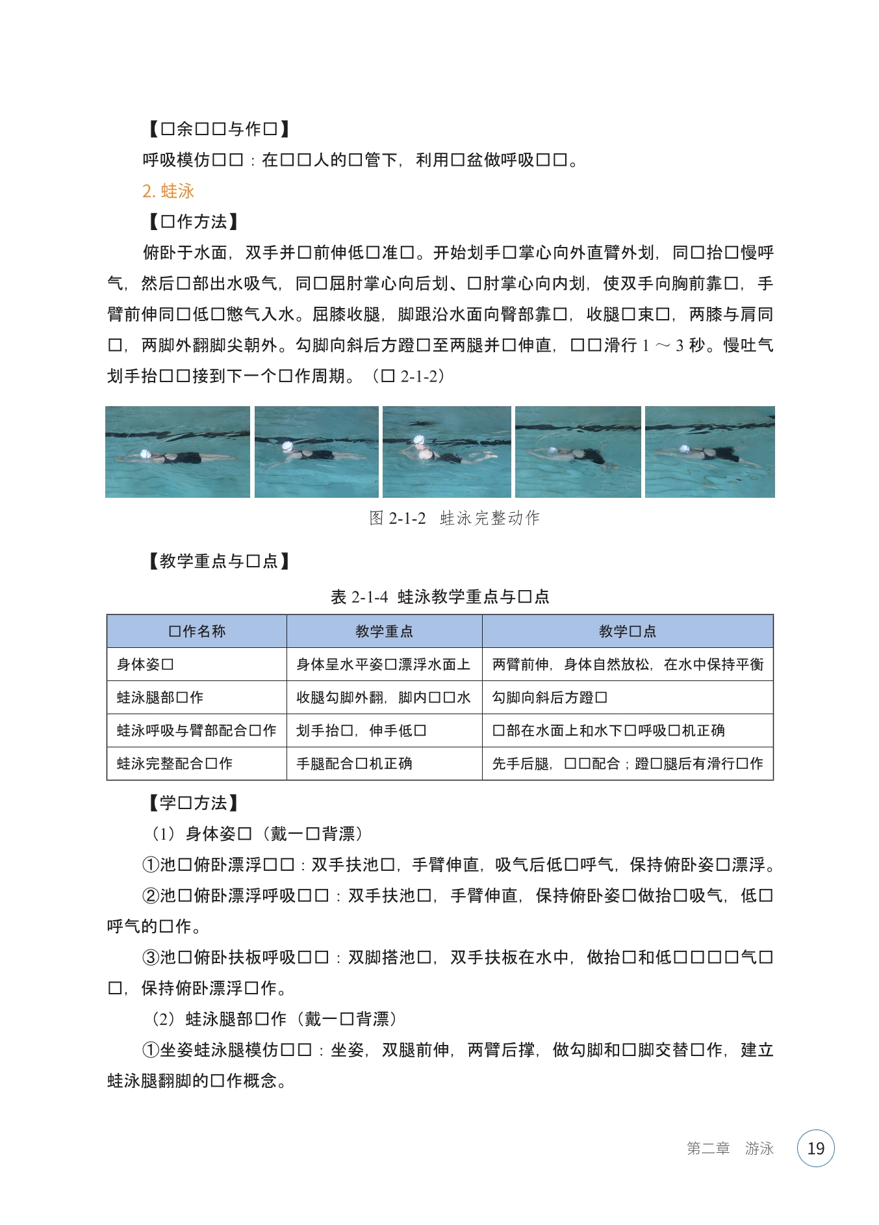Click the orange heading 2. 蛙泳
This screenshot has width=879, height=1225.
pyautogui.click(x=168, y=191)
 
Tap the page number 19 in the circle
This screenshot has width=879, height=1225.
pyautogui.click(x=815, y=1148)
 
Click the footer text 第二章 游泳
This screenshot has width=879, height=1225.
pyautogui.click(x=730, y=1148)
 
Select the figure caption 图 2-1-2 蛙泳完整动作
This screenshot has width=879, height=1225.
pyautogui.click(x=454, y=518)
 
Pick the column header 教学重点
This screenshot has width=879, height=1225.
pyautogui.click(x=384, y=631)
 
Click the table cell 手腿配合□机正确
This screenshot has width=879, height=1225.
pyautogui.click(x=354, y=764)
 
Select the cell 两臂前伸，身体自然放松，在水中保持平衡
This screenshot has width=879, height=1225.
pyautogui.click(x=628, y=664)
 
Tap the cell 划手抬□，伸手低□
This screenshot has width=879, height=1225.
pyautogui.click(x=361, y=730)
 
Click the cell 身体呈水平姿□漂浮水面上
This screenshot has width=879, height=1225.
pyautogui.click(x=383, y=664)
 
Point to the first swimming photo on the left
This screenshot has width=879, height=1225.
pyautogui.click(x=177, y=452)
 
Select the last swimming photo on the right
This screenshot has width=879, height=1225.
pyautogui.click(x=709, y=452)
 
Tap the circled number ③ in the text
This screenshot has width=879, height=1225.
pyautogui.click(x=150, y=957)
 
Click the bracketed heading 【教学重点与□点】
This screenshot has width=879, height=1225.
pyautogui.click(x=218, y=561)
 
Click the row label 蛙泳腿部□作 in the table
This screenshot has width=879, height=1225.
pyautogui.click(x=160, y=697)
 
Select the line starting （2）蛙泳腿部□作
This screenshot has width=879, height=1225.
pyautogui.click(x=274, y=1019)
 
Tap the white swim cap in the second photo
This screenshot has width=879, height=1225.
pyautogui.click(x=287, y=446)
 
